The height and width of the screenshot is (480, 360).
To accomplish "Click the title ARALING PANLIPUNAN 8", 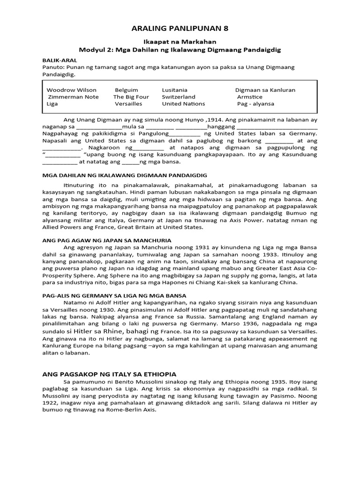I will [180, 29].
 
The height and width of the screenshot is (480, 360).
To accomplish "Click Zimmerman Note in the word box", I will [74, 97].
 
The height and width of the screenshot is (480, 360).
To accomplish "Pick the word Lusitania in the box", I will [174, 90].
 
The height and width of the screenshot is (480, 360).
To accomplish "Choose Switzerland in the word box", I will [179, 97].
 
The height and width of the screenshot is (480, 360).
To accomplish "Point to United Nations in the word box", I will [183, 104].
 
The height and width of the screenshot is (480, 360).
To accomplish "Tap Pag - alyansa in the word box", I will [255, 104].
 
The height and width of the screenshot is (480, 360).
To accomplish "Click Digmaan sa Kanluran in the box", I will [265, 90].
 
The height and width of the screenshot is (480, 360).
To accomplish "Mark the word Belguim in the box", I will [127, 90].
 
